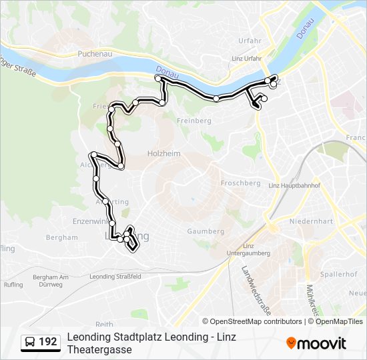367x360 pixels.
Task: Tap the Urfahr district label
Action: pyautogui.click(x=250, y=41)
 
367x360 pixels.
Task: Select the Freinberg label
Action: pyautogui.click(x=194, y=121)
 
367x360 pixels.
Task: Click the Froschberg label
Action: pyautogui.click(x=240, y=183)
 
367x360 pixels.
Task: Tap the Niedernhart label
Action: pyautogui.click(x=311, y=221)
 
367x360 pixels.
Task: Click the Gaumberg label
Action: pyautogui.click(x=206, y=231)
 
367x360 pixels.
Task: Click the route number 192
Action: pyautogui.click(x=48, y=342)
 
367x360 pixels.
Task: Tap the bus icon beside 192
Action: pyautogui.click(x=29, y=343)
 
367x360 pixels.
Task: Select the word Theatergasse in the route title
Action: pyautogui.click(x=99, y=349)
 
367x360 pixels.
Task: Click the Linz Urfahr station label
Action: pyautogui.click(x=246, y=59)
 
